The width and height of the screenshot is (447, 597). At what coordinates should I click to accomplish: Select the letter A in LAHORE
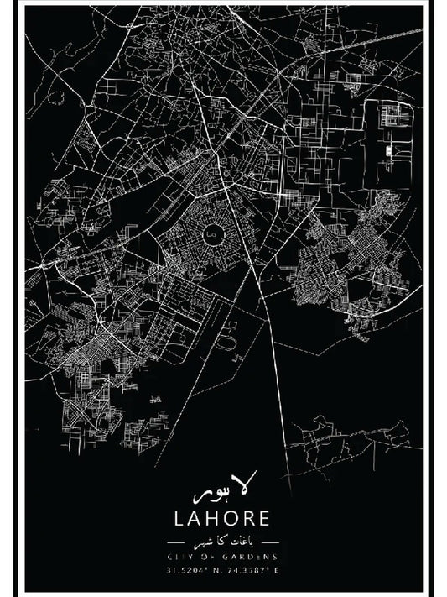point(195,516)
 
